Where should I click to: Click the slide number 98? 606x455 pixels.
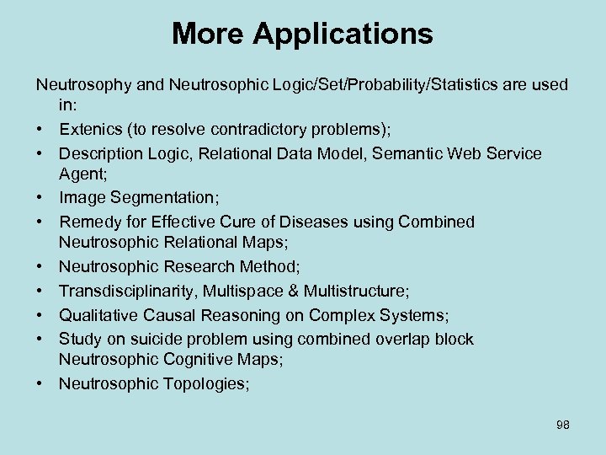pyautogui.click(x=562, y=425)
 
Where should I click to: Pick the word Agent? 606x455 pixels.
pyautogui.click(x=81, y=174)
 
